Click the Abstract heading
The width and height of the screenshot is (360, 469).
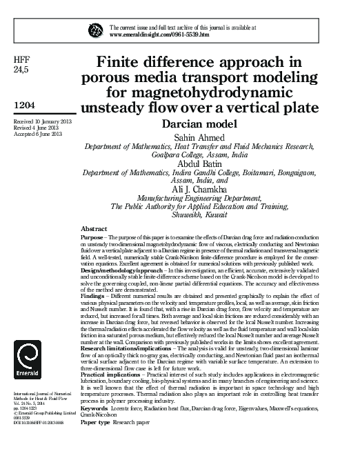tap(94, 228)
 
